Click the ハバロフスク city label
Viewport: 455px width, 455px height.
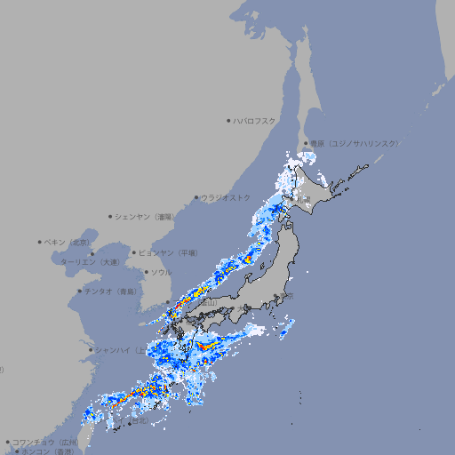point(255,121)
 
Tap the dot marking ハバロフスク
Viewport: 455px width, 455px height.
point(229,121)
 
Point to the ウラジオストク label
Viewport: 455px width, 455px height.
point(227,197)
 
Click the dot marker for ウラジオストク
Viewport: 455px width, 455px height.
point(196,198)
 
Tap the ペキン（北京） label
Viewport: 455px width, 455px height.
point(69,242)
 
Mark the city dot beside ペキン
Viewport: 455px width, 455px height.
point(40,242)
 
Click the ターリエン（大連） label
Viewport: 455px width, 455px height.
point(90,262)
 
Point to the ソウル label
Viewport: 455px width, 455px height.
point(161,272)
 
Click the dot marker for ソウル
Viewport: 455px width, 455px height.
point(146,272)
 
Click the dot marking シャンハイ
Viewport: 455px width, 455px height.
point(91,349)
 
